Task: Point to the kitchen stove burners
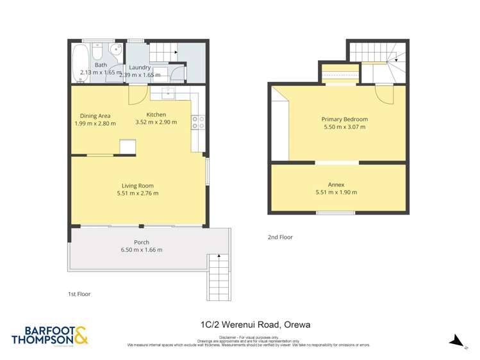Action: pyautogui.click(x=198, y=122)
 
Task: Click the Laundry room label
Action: pyautogui.click(x=140, y=67)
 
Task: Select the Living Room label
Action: pyautogui.click(x=137, y=186)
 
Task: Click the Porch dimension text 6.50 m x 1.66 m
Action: pyautogui.click(x=142, y=250)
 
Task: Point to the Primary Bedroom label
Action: pyautogui.click(x=345, y=119)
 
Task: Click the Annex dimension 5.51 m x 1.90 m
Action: pyautogui.click(x=336, y=192)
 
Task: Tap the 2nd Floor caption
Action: pyautogui.click(x=280, y=238)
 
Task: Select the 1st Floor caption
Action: pyautogui.click(x=79, y=294)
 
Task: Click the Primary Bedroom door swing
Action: pyautogui.click(x=385, y=94)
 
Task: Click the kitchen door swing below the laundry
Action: pyautogui.click(x=137, y=95)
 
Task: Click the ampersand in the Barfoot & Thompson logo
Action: pyautogui.click(x=81, y=336)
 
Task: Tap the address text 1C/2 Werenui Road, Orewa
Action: pyautogui.click(x=255, y=325)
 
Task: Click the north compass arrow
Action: pyautogui.click(x=456, y=341)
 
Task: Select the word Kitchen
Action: pyautogui.click(x=156, y=115)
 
